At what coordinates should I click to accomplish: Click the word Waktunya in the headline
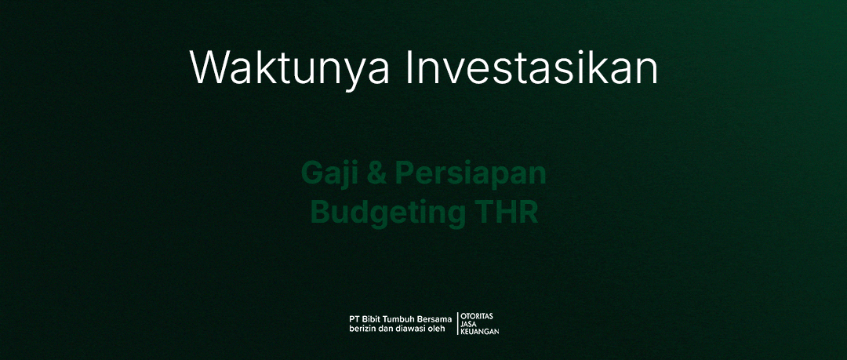click(x=289, y=69)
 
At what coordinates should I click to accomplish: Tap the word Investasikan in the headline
click(x=532, y=67)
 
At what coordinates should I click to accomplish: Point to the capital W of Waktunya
click(x=209, y=67)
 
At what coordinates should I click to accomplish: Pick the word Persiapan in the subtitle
click(x=471, y=175)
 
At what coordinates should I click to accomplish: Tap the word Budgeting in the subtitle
click(x=388, y=212)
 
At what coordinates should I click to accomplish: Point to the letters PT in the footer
click(x=354, y=319)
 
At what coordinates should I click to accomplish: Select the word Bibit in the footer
click(x=370, y=319)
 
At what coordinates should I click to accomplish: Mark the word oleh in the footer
click(x=438, y=329)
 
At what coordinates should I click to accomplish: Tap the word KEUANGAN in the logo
click(x=480, y=331)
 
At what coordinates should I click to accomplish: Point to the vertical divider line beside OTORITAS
click(x=457, y=323)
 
